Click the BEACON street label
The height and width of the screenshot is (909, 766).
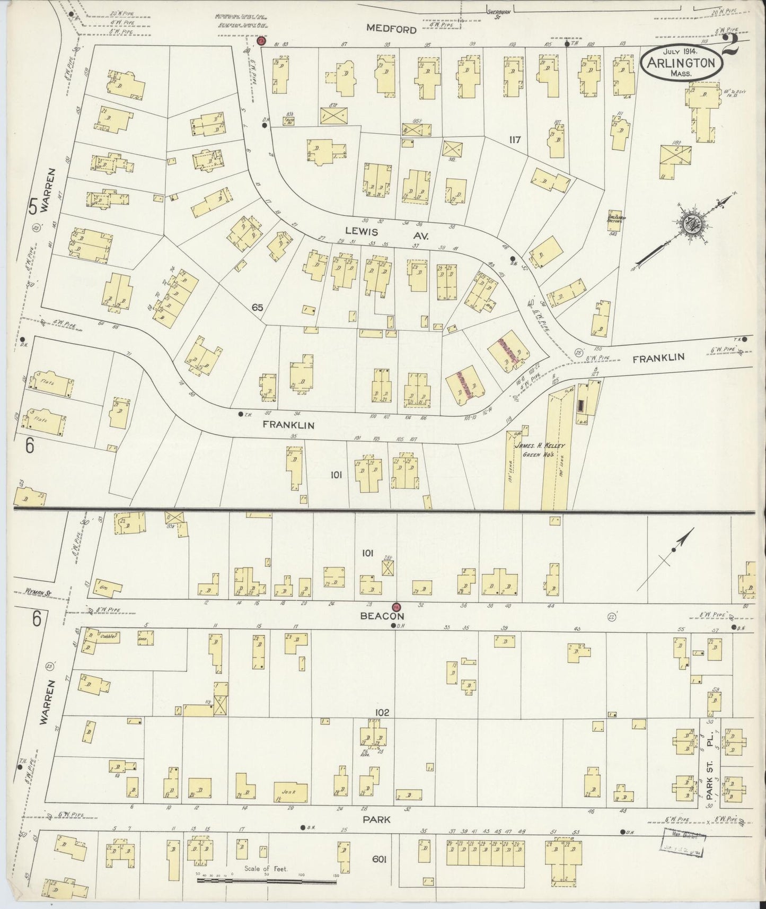click(383, 616)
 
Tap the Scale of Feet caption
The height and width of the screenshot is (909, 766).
click(266, 869)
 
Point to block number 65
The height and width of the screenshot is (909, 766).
click(258, 307)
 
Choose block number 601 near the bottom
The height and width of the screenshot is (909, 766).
click(378, 860)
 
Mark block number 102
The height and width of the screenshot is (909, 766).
click(382, 712)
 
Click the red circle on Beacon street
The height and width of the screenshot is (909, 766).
click(395, 607)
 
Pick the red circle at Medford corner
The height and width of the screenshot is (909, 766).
click(261, 41)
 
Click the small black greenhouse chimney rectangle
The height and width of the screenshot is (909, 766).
click(582, 406)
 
